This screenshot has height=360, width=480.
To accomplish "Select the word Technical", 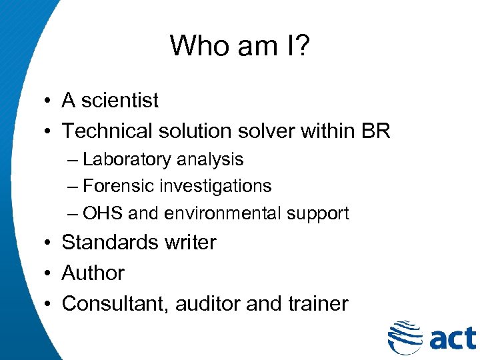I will (107, 131).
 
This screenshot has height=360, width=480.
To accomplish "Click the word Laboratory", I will (127, 160).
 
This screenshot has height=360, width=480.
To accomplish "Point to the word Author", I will (93, 273).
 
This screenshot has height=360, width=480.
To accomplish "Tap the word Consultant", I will (117, 304).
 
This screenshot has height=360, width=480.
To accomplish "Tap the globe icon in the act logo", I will (404, 336).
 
